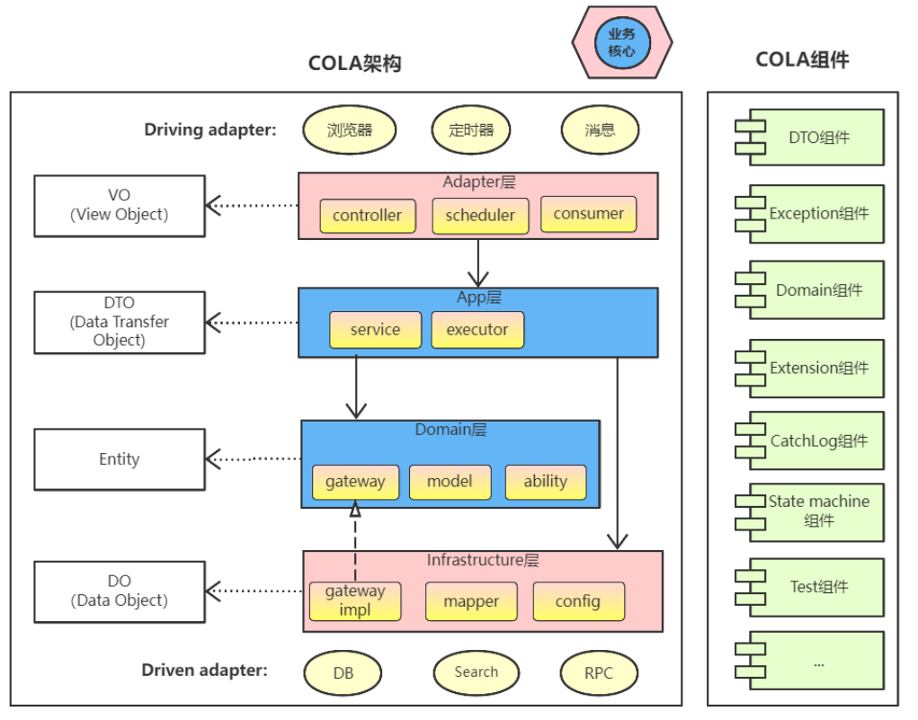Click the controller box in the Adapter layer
coord(367,216)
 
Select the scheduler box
coord(480,216)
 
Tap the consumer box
coord(588,214)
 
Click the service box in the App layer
coord(375,330)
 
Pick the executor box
coord(477,330)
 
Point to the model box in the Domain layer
coord(450,482)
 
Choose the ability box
coord(546,482)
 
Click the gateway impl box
coord(355,600)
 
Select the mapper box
coord(471,601)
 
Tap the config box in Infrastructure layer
coord(578,601)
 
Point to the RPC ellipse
coord(599,673)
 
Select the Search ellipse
coord(477,672)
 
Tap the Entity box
coord(120,459)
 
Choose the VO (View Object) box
coord(120,206)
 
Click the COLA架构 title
coord(354,64)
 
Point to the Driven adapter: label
coord(204,671)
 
